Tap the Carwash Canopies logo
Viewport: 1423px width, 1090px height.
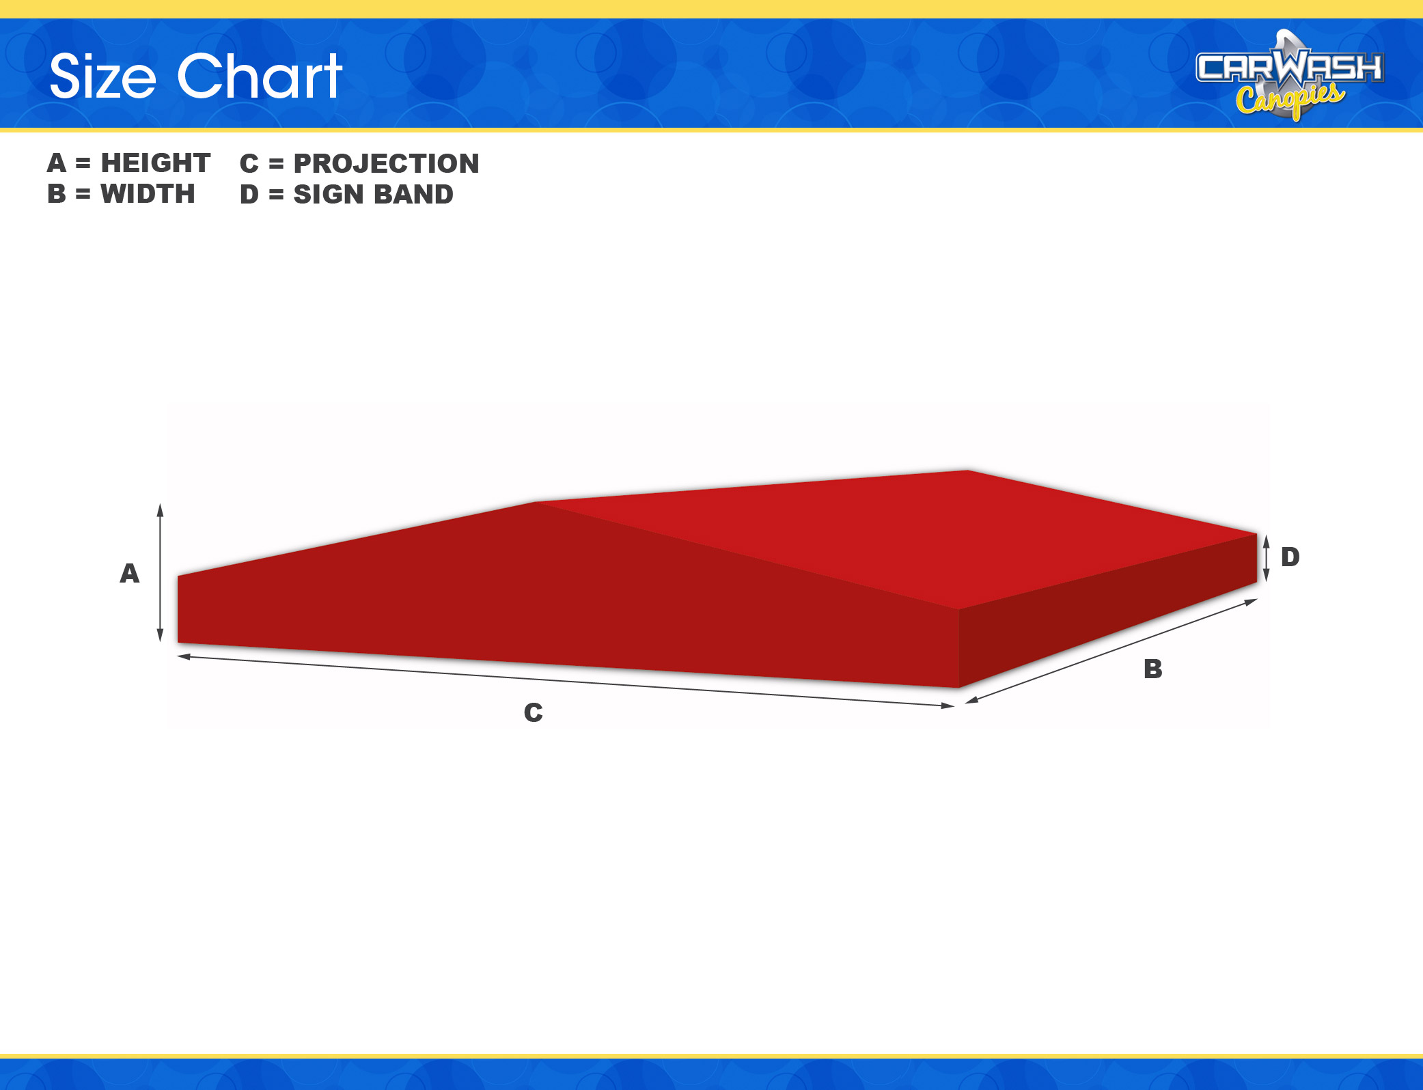[x=1290, y=75]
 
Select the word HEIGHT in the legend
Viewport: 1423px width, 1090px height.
[x=156, y=163]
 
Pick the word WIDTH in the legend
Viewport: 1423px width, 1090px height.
[x=148, y=194]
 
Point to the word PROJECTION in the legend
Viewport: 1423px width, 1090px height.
[x=386, y=164]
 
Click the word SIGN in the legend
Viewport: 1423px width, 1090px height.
[x=325, y=195]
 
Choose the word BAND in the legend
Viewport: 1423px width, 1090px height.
[x=413, y=195]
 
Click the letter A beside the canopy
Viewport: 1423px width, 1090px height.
[x=130, y=573]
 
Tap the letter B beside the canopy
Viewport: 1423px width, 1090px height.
[x=1153, y=669]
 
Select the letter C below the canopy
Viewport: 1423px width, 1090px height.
[x=534, y=712]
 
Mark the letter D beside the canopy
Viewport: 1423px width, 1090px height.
[x=1290, y=557]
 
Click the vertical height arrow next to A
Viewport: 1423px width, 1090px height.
[x=161, y=573]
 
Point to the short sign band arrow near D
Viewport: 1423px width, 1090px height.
[x=1266, y=558]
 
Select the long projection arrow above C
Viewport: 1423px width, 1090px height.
[x=566, y=681]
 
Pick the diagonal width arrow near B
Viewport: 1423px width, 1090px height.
[x=1111, y=651]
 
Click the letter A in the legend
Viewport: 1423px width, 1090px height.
[x=57, y=163]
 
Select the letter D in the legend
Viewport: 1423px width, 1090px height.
[x=249, y=195]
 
